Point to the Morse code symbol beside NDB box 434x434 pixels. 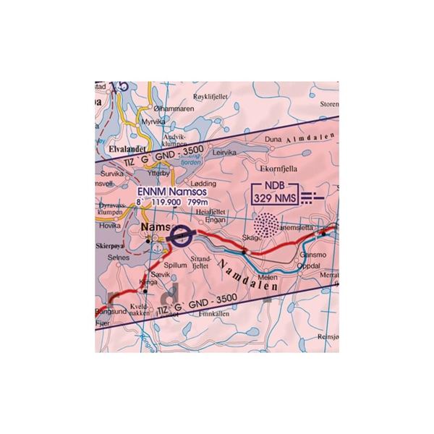[312, 195]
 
